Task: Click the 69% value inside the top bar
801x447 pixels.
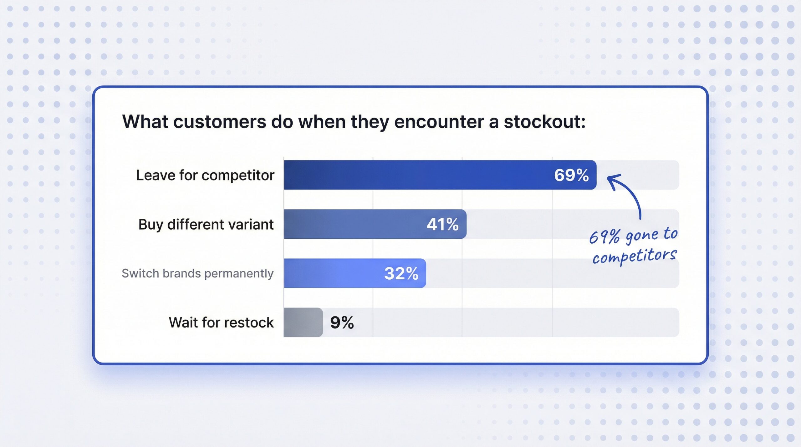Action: (x=571, y=175)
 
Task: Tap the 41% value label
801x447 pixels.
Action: (x=442, y=224)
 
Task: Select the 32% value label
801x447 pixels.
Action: (x=401, y=273)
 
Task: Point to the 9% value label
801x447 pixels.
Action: (x=342, y=323)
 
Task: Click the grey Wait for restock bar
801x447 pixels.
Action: (x=303, y=323)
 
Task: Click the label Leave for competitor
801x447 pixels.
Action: (x=205, y=175)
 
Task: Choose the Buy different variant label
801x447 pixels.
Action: (x=206, y=225)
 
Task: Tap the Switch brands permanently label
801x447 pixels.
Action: (x=197, y=273)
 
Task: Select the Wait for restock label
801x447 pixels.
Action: (x=221, y=323)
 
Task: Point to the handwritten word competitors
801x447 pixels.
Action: (x=635, y=257)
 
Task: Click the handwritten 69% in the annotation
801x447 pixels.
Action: (x=604, y=237)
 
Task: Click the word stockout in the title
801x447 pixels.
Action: (x=544, y=122)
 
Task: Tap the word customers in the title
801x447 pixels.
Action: (x=219, y=122)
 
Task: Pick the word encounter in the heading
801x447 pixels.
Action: (x=439, y=122)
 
